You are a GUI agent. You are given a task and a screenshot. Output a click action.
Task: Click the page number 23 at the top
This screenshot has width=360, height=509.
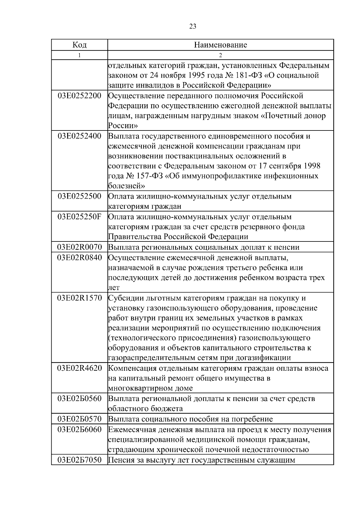[x=193, y=26]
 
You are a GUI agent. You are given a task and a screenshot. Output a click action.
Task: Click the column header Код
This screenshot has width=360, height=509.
[x=79, y=45]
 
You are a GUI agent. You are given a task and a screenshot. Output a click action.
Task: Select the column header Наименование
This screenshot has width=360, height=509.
[x=220, y=45]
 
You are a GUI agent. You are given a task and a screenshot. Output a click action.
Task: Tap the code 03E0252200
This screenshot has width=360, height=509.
[x=79, y=96]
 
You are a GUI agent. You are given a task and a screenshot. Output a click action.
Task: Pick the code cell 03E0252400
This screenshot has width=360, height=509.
[x=79, y=136]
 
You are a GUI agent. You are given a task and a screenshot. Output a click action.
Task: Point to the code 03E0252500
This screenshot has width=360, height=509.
[x=79, y=196]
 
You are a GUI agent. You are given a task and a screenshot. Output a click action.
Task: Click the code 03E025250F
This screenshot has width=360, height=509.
[x=79, y=217]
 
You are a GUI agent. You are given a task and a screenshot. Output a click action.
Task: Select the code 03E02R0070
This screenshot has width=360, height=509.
[x=79, y=247]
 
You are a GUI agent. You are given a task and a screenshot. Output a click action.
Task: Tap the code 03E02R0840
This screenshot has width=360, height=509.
[x=79, y=258]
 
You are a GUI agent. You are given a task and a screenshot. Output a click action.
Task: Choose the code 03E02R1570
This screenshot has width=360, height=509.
[x=79, y=298]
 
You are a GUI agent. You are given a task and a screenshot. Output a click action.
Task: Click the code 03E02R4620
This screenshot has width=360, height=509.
[x=79, y=368]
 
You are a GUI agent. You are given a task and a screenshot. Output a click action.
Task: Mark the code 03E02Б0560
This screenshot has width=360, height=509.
[x=79, y=399]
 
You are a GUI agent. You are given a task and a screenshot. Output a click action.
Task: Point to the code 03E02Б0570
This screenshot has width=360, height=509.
[x=79, y=419]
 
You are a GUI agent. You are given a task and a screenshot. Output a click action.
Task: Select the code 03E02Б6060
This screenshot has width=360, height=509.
[x=79, y=430]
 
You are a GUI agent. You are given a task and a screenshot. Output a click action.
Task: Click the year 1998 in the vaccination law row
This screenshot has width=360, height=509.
[x=312, y=166]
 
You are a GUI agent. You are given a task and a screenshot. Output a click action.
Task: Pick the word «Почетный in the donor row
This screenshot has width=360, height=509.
[x=281, y=116]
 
